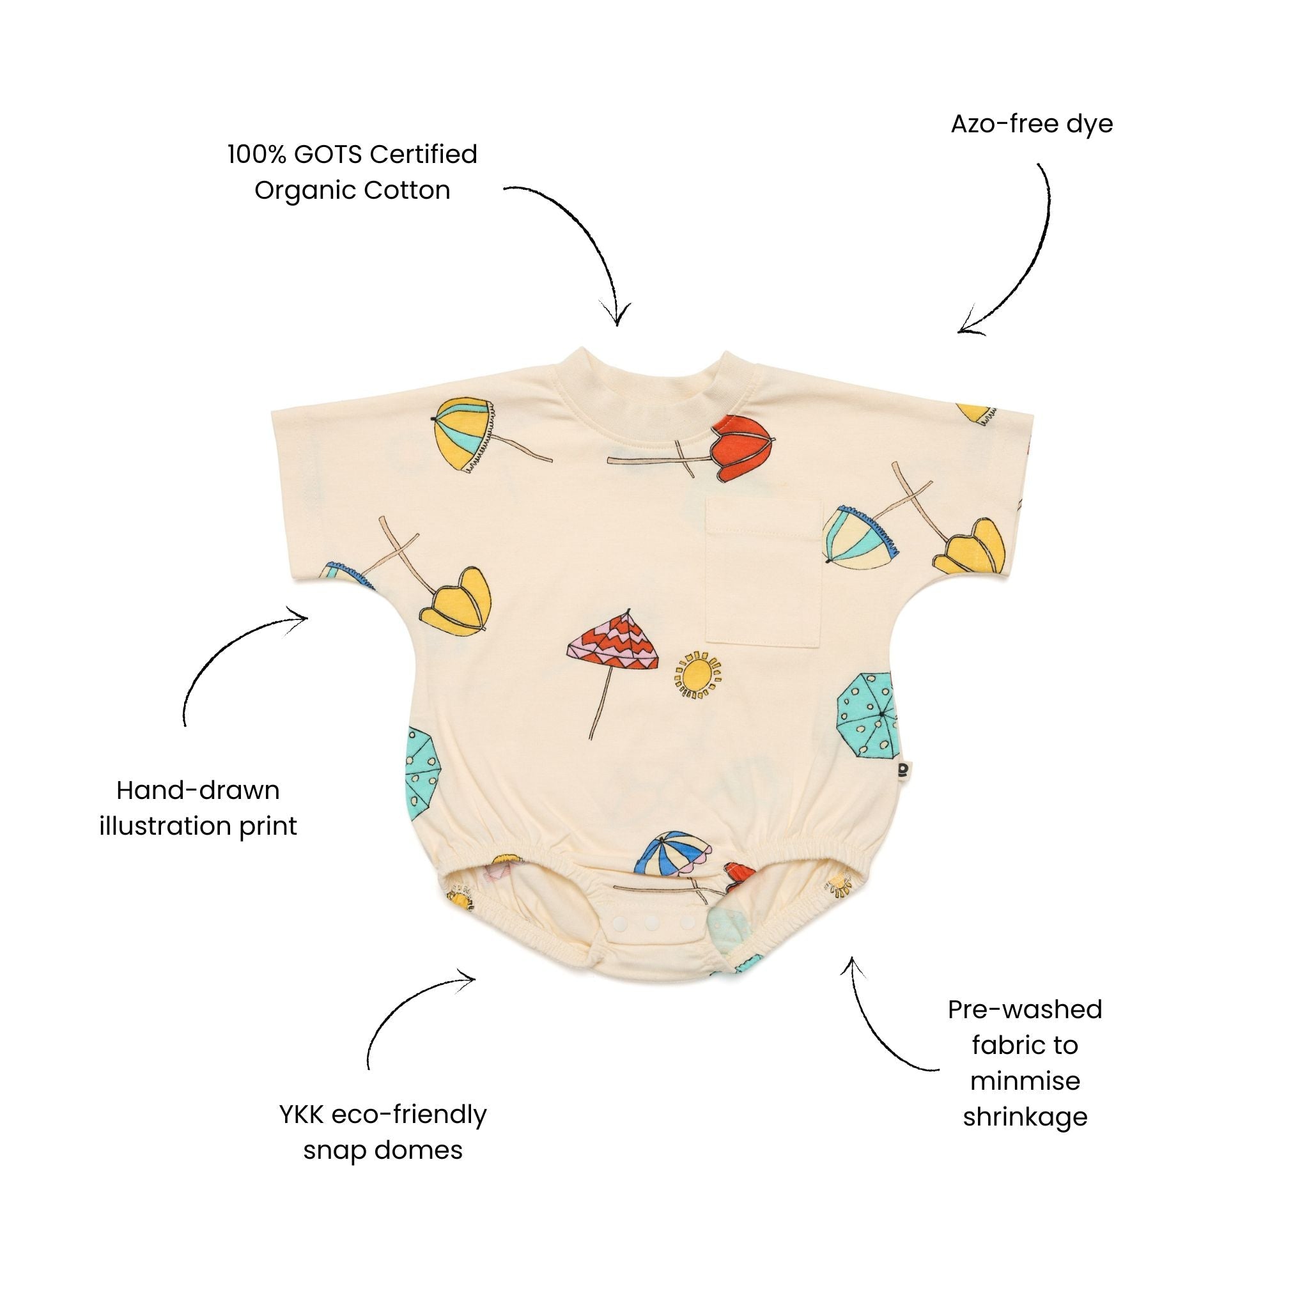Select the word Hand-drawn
[198, 790]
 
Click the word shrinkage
[1025, 1117]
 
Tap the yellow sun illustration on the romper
[698, 674]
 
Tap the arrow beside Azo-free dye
[1016, 258]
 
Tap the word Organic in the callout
[304, 191]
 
